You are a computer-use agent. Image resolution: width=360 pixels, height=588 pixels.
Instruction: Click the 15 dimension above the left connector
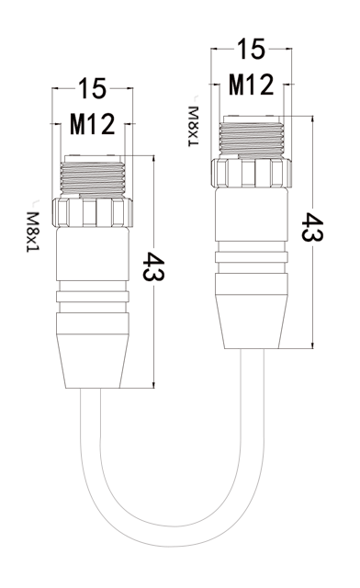point(92,88)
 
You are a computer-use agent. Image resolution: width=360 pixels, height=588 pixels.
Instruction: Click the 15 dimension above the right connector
point(251,49)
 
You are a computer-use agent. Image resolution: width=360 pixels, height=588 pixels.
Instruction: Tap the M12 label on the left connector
point(92,125)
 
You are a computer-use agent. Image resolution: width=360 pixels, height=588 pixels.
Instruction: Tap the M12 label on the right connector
point(252,85)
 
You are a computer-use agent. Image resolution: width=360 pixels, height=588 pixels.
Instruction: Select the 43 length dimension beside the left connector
point(153,266)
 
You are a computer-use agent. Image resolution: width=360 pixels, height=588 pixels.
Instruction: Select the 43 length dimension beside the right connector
point(312,227)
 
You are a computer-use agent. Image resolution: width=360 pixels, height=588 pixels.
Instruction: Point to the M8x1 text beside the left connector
point(33,232)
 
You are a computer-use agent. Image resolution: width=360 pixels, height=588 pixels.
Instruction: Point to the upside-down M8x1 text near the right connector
point(193,126)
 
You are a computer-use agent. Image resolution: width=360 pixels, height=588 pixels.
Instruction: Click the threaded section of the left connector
point(92,178)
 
